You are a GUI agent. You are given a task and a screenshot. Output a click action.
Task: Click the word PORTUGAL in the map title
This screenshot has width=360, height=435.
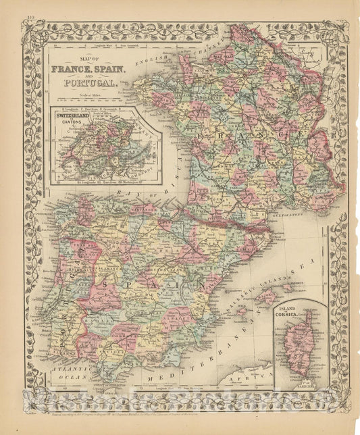[90, 83]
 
